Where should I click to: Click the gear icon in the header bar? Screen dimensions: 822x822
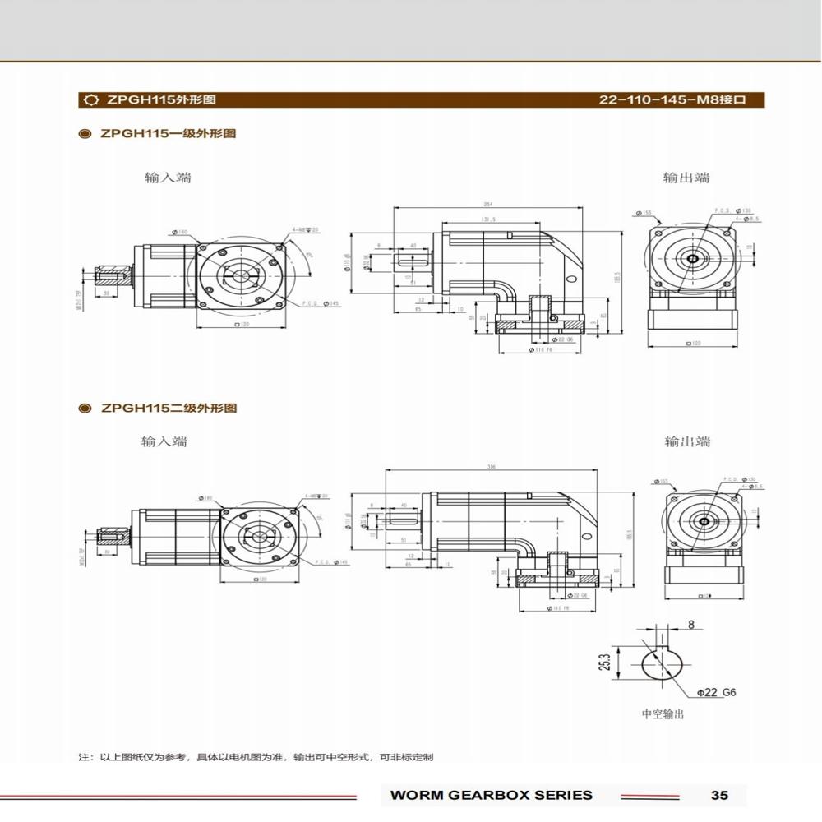point(90,100)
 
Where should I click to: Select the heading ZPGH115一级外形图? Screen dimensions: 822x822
point(168,133)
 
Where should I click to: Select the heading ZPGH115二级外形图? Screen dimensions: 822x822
point(168,408)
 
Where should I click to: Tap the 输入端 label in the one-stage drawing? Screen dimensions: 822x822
point(168,178)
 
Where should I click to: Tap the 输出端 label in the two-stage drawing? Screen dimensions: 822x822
point(687,441)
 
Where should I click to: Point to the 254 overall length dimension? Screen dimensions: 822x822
point(488,205)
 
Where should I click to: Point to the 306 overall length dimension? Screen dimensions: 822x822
point(492,467)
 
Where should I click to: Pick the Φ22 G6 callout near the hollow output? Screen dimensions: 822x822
point(716,692)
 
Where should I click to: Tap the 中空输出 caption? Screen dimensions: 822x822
point(663,714)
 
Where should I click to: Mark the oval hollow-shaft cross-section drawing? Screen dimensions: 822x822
point(661,663)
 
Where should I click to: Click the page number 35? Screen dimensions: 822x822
point(719,795)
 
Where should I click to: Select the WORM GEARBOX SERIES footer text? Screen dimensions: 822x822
point(491,795)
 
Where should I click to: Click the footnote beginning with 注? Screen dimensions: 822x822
point(255,756)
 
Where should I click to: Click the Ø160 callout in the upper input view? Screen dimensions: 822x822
point(181,233)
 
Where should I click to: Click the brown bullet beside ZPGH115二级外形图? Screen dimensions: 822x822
point(83,408)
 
